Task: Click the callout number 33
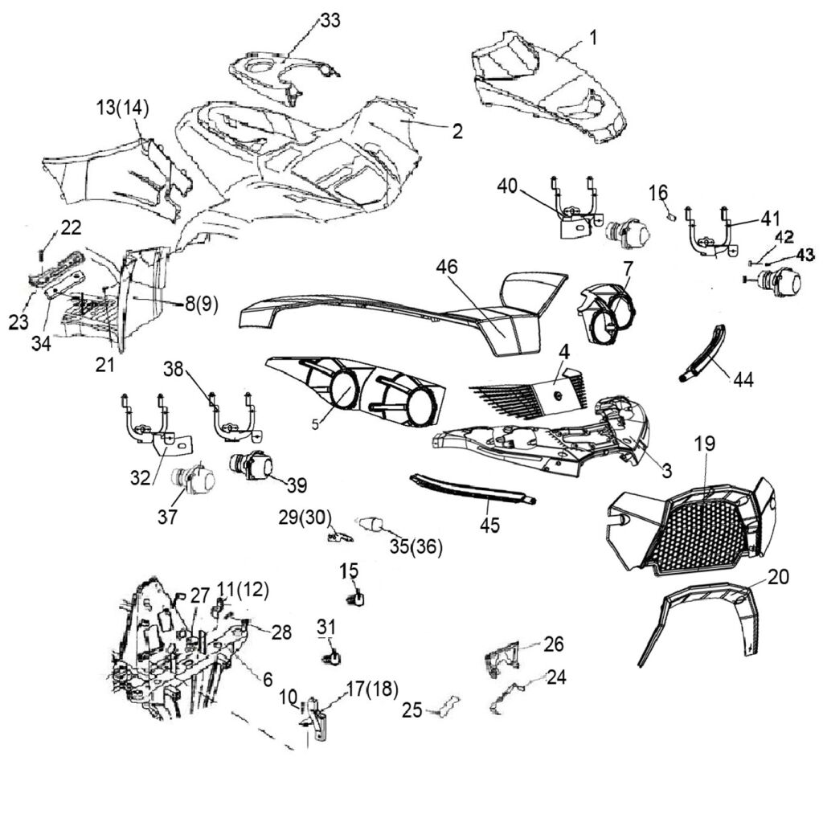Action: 330,21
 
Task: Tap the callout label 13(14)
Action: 123,108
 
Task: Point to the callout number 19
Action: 706,444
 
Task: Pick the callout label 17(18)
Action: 372,688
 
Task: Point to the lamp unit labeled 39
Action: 251,465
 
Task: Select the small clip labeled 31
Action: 331,658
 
